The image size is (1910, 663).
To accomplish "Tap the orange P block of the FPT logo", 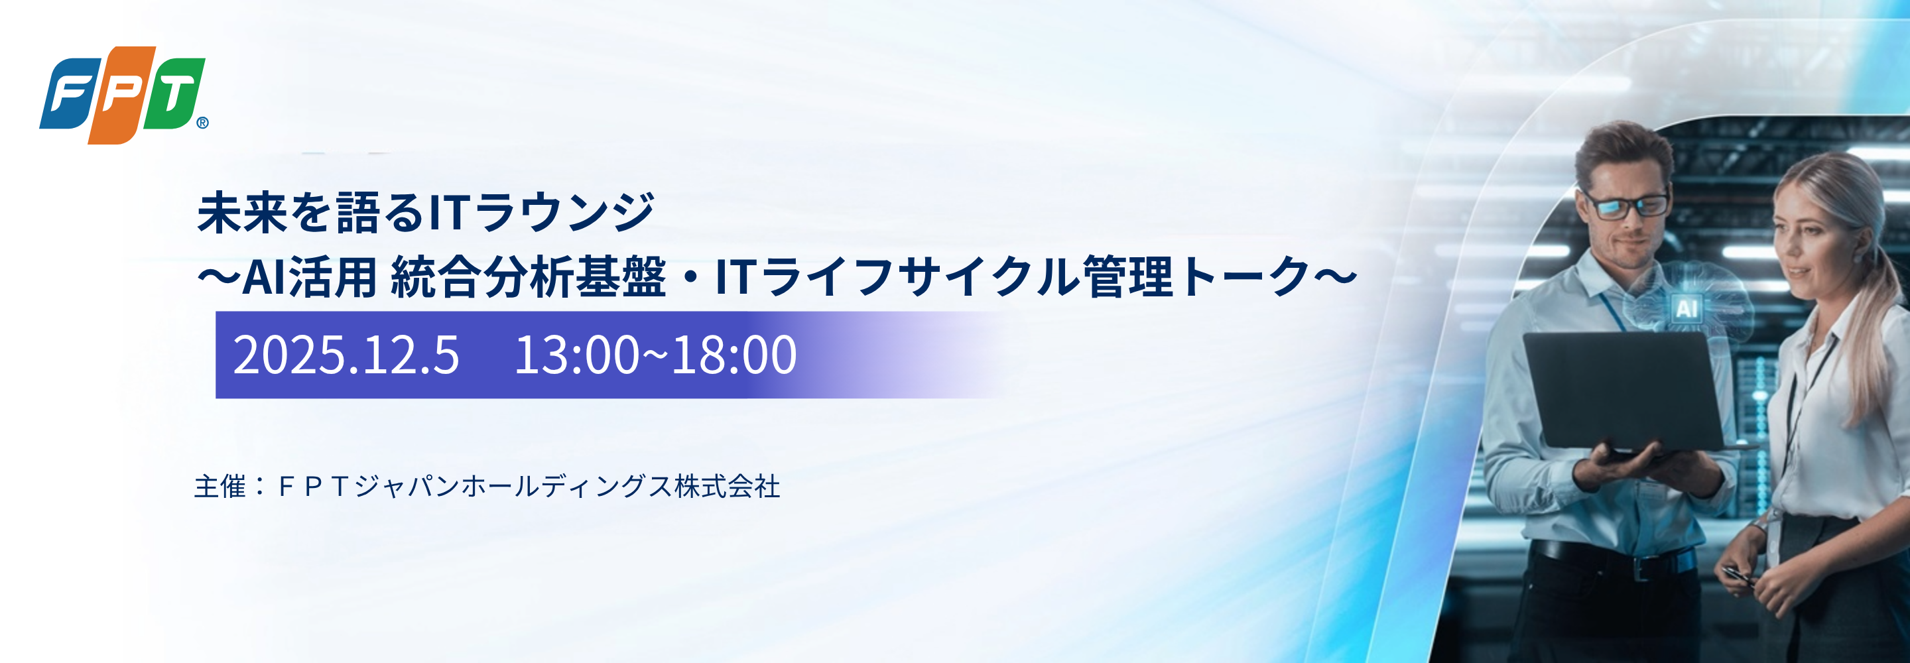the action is [x=121, y=95].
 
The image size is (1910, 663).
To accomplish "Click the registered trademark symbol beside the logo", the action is [x=202, y=123].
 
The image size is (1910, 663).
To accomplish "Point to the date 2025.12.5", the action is [x=346, y=355].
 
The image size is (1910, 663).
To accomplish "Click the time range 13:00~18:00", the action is [x=655, y=355].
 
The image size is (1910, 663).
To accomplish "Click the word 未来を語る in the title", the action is [x=312, y=213].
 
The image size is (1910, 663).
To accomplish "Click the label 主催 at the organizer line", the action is [x=220, y=487].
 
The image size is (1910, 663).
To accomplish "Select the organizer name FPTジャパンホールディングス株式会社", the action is [x=529, y=487].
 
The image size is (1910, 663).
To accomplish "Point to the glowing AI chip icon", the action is [x=1686, y=308].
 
